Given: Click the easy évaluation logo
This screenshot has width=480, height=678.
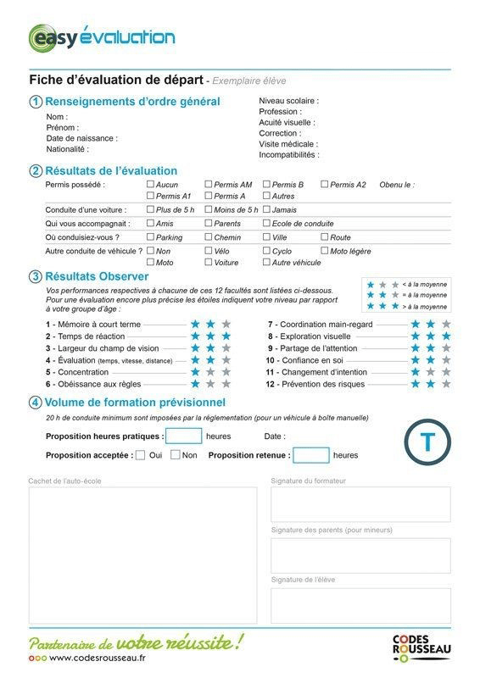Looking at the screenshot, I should coord(102,37).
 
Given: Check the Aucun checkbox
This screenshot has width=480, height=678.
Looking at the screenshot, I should coord(151,184).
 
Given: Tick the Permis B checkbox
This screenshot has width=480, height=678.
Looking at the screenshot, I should coord(266,184).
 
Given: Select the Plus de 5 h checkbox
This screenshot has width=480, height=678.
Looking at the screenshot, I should coord(151,209).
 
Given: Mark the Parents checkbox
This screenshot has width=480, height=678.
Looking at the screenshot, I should coord(209,224).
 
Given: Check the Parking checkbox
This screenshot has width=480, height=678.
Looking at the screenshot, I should coord(151,237).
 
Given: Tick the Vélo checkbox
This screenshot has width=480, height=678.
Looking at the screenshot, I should coord(209,251).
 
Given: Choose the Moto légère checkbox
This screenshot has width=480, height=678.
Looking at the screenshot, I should coord(324,251).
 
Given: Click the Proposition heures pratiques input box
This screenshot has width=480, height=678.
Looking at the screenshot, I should coord(183,436).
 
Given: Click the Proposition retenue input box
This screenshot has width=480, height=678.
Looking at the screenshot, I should coord(310,455).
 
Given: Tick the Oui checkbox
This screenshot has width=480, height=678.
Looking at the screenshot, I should coord(141,455).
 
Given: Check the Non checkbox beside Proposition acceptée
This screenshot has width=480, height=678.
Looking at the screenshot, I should coord(176,455).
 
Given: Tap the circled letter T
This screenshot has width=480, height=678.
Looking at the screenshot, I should coord(427,442).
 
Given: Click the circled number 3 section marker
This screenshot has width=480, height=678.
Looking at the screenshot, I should coord(36,276).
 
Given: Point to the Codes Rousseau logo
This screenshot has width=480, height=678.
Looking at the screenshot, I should coord(421,648).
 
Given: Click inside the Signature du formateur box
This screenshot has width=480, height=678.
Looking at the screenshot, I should coord(360,504).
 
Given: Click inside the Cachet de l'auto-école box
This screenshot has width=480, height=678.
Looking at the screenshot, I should coord(142,555).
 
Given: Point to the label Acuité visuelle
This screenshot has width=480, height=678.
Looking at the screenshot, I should coord(287,122).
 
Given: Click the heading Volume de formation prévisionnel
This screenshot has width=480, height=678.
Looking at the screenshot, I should coord(135,402).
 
